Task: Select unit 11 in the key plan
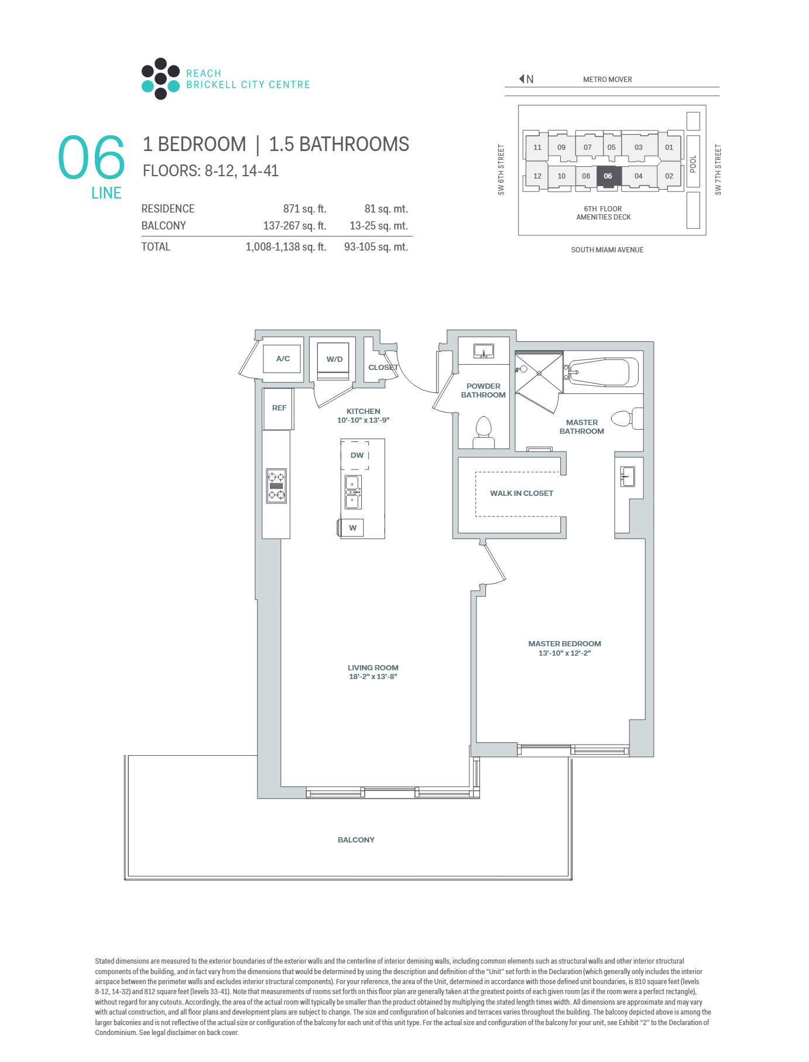coord(537,147)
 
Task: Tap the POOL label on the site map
coord(693,164)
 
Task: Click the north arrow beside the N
coord(522,78)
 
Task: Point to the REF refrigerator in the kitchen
coord(279,409)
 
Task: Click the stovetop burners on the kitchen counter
coord(276,486)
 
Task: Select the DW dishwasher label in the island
coord(357,455)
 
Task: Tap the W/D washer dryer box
coord(334,359)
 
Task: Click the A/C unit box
coord(283,358)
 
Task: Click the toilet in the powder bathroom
coord(484,431)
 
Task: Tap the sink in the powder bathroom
coord(484,351)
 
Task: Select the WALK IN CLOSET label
coord(522,493)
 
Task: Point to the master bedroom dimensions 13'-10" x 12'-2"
coord(565,653)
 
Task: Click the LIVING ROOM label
coord(373,667)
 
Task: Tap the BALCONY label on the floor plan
coord(356,840)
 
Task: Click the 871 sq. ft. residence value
coord(304,209)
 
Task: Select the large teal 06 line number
coord(92,157)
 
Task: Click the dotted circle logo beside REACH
coord(160,78)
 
